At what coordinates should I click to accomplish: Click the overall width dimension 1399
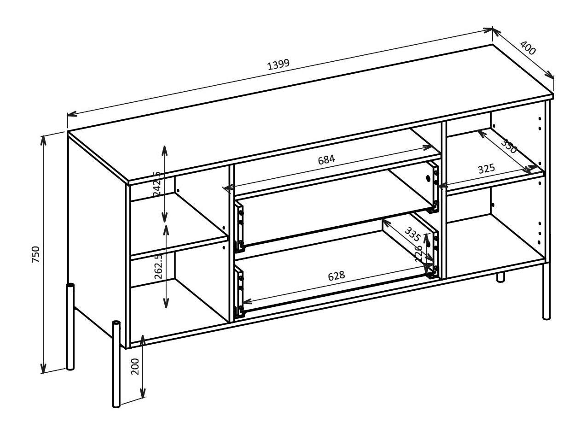pos(278,64)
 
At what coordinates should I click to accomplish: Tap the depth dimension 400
pos(528,48)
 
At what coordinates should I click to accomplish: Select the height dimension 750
pos(36,254)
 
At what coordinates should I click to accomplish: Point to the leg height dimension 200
pos(135,367)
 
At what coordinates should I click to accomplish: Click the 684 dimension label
pos(326,159)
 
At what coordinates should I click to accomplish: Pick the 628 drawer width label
pos(336,276)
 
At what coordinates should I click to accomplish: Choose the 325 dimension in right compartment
pos(486,169)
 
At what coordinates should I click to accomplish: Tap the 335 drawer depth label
pos(412,234)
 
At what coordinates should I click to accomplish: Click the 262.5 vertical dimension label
pos(158,266)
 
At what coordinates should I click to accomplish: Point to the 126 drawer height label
pos(418,253)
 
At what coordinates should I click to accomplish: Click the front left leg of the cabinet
pos(116,364)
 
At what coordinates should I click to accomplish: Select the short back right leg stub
pos(500,277)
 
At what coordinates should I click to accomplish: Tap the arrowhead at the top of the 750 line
pos(43,139)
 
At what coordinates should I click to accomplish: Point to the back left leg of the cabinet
pos(70,327)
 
